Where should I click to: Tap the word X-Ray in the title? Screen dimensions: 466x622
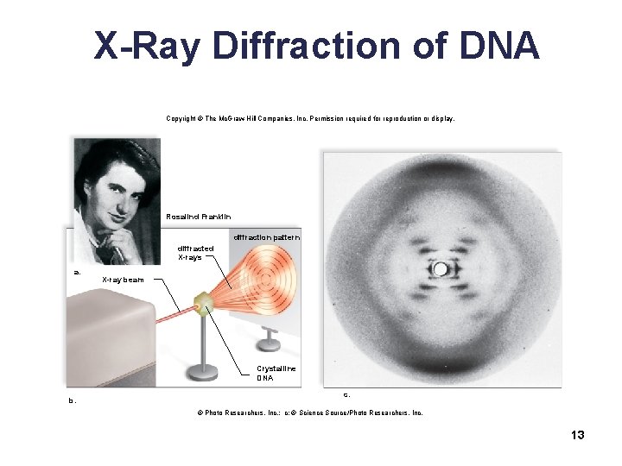148,45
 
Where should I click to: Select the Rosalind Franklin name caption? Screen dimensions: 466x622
198,216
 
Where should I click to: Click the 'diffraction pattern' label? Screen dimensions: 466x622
265,236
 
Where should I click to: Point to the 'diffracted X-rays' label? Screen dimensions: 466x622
195,252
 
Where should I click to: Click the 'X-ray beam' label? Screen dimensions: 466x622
124,280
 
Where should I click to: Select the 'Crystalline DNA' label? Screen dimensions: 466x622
276,373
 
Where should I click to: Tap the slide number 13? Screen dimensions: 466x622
578,435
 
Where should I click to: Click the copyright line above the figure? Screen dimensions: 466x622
310,118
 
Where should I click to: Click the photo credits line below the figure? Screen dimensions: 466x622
310,413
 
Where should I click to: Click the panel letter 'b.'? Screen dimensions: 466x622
73,400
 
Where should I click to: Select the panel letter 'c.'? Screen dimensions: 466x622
346,394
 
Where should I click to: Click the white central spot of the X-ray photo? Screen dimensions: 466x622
440,270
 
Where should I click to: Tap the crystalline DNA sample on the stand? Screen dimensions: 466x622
203,302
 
